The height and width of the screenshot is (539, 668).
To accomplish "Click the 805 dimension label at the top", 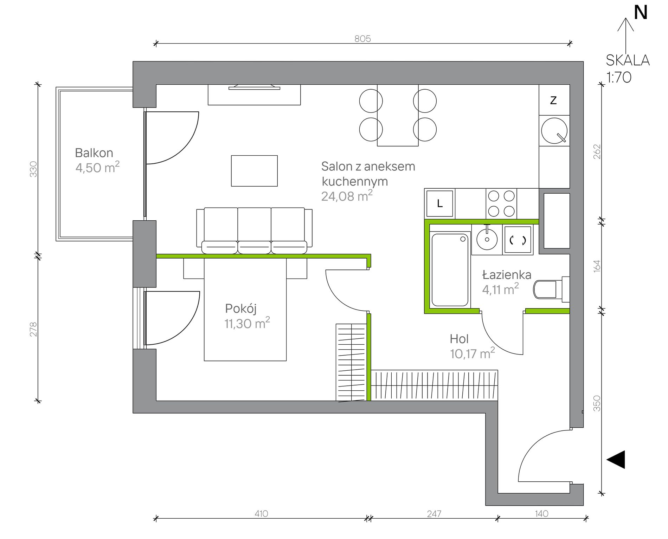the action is (x=362, y=39).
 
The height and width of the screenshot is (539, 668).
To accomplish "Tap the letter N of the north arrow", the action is (x=641, y=13).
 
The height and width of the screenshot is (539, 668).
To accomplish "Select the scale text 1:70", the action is (x=619, y=77).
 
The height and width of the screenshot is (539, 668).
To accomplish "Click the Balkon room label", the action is (x=94, y=153).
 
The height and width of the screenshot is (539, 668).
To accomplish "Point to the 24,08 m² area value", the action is (x=347, y=196).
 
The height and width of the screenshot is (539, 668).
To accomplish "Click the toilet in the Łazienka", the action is (x=551, y=289).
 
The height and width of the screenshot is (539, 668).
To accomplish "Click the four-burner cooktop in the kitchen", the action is (x=502, y=203).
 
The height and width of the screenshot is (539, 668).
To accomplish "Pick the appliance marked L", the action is (x=439, y=203).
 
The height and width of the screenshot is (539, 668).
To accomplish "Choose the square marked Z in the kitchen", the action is (x=554, y=100).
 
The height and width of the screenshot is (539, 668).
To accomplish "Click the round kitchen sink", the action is (x=554, y=130).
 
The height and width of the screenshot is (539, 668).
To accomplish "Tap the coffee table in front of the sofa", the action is (x=254, y=171).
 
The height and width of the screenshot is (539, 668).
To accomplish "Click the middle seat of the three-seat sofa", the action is (x=254, y=230).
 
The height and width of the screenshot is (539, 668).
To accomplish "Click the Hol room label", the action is (x=459, y=339).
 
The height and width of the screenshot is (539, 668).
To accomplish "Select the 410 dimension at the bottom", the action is (x=261, y=514).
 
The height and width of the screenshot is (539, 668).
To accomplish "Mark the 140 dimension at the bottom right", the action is (x=541, y=514).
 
